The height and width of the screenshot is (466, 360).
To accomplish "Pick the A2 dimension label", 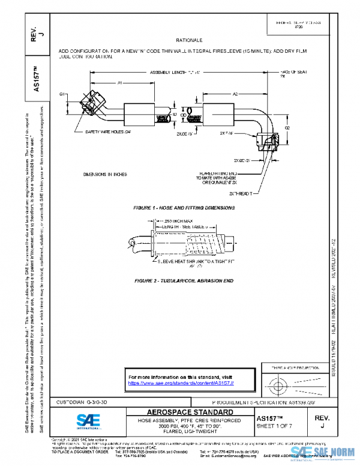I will [236, 94].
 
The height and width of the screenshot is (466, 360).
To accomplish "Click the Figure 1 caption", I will [184, 208].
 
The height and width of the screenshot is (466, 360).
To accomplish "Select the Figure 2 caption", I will [184, 280].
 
